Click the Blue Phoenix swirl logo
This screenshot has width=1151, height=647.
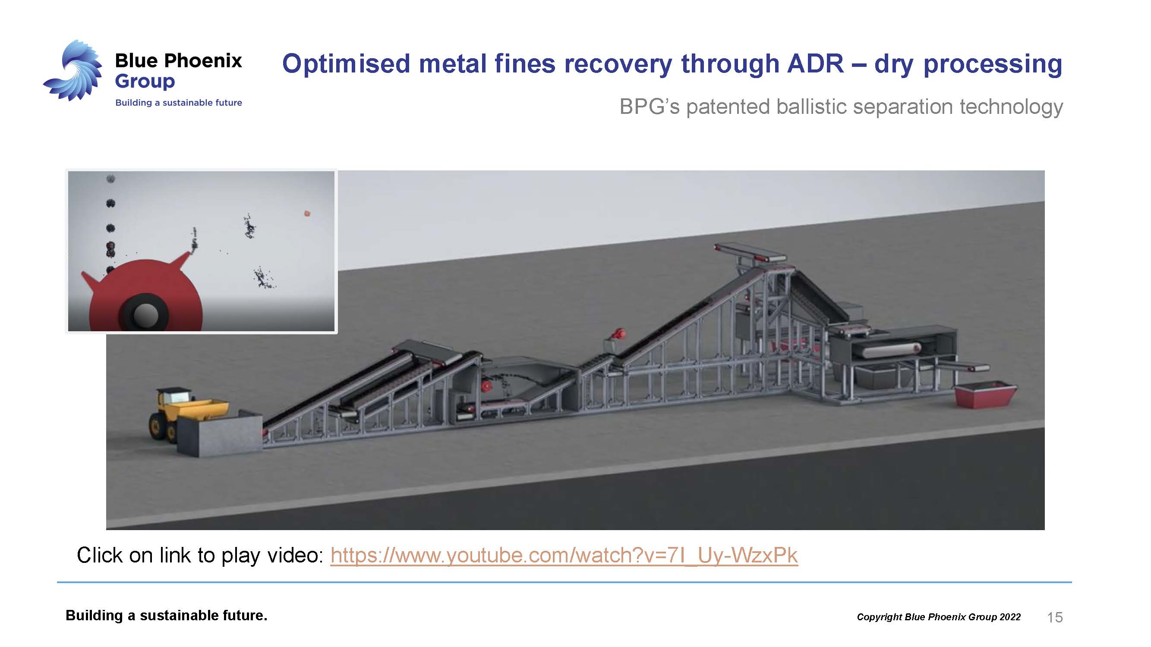[74, 71]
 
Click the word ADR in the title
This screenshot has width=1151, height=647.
[815, 63]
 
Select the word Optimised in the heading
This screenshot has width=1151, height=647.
[346, 63]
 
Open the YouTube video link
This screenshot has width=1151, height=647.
[564, 555]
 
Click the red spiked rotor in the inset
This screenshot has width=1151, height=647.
[143, 292]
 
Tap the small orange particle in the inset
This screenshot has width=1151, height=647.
[307, 214]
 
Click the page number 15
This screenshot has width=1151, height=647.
[1054, 617]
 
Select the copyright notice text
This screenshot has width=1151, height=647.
[938, 617]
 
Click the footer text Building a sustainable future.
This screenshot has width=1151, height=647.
[166, 616]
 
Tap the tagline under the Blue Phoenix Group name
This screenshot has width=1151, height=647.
[178, 103]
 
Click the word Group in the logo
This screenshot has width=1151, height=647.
[145, 81]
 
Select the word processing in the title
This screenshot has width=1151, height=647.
[992, 63]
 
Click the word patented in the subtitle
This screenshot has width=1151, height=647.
[728, 107]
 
